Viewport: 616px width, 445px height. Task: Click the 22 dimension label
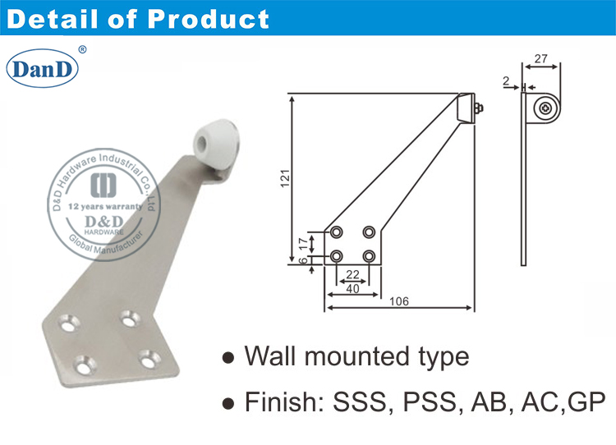(352, 274)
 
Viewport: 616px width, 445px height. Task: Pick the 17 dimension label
(302, 244)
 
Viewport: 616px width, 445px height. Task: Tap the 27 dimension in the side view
(540, 58)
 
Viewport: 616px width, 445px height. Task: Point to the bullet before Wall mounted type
(229, 359)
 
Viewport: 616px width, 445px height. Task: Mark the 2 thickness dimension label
(507, 81)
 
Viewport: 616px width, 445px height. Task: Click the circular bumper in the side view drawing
(545, 108)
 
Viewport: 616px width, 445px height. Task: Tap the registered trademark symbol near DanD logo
(81, 50)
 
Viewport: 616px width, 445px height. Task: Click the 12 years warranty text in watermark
(103, 207)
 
